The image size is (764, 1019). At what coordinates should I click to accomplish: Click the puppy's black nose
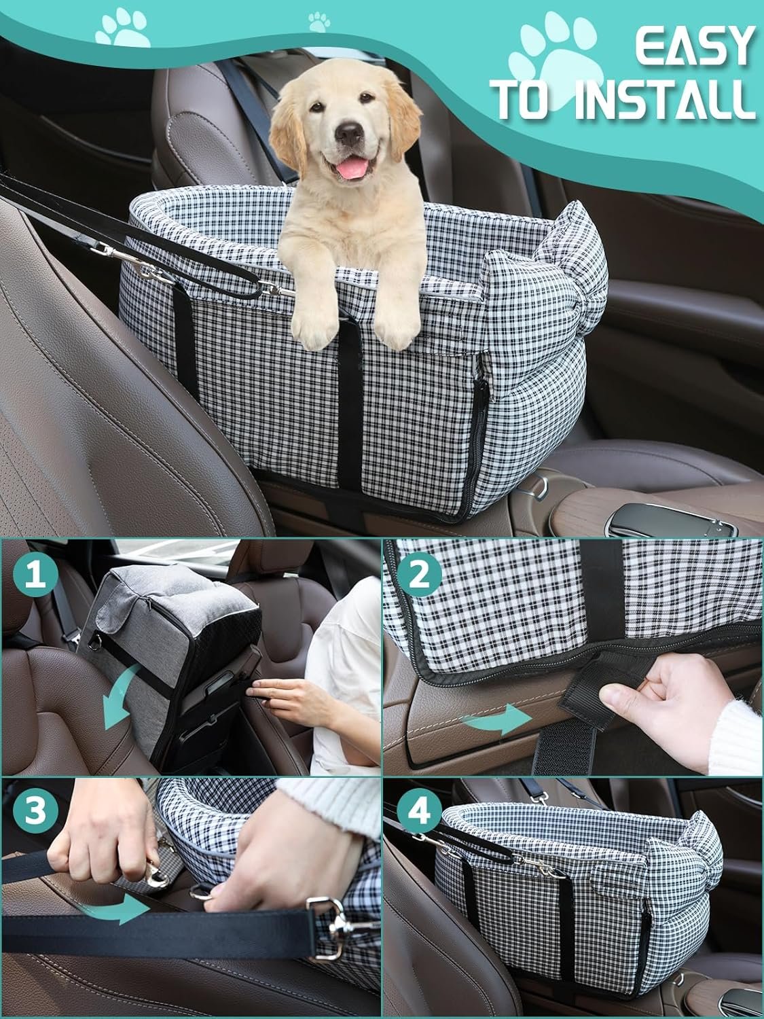pyautogui.click(x=349, y=134)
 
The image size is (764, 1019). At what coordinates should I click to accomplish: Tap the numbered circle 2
pyautogui.click(x=419, y=576)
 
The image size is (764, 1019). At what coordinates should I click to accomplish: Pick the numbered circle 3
pyautogui.click(x=35, y=810)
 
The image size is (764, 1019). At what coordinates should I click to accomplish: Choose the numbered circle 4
pyautogui.click(x=419, y=810)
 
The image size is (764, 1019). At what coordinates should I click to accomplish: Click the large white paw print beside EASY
pyautogui.click(x=557, y=60)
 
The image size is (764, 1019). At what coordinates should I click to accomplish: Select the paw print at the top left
pyautogui.click(x=122, y=31)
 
